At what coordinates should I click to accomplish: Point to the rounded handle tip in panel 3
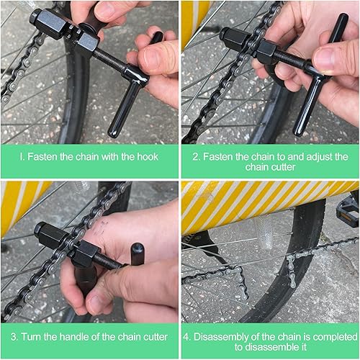[136, 253]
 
